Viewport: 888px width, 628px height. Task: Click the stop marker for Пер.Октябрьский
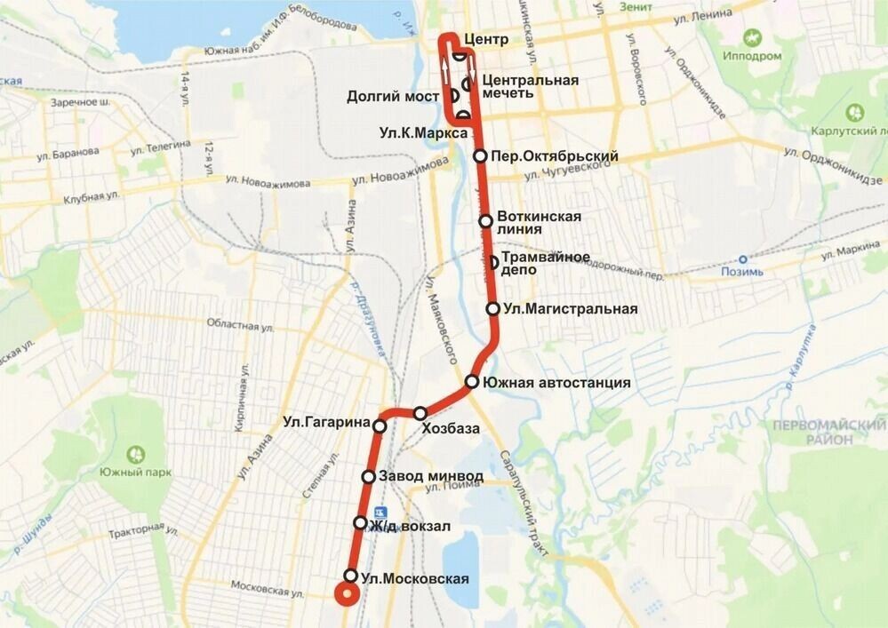pos(480,156)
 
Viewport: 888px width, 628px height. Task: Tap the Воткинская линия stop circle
pos(485,221)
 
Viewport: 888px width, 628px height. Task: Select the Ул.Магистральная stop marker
pos(492,309)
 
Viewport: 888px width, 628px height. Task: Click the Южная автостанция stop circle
pos(472,383)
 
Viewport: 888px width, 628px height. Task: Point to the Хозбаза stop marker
pos(420,413)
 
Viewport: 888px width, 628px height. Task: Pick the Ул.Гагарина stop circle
pos(380,427)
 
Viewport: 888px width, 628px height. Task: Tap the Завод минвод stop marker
pos(368,477)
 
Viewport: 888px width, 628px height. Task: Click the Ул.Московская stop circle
pos(351,575)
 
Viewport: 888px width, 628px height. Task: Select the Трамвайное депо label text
pos(546,264)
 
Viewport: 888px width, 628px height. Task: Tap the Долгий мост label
pos(394,96)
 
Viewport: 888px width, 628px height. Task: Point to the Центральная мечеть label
pos(530,86)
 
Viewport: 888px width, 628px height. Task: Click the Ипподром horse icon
pos(754,39)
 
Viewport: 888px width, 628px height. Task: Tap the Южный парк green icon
pos(135,455)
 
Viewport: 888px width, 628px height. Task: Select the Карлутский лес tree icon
pos(855,113)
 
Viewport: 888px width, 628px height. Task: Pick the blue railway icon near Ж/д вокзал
pos(380,512)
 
